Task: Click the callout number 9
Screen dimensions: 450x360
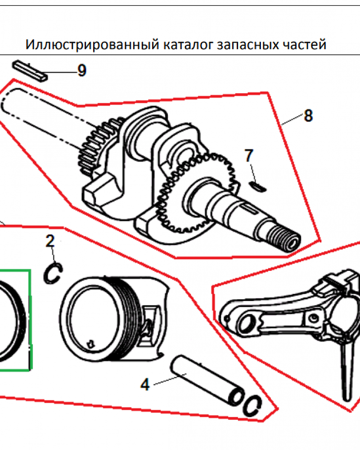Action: click(x=81, y=71)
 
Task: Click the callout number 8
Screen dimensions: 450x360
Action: click(x=308, y=116)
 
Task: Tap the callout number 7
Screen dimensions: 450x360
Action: click(x=249, y=156)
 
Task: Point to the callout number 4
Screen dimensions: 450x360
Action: click(x=144, y=385)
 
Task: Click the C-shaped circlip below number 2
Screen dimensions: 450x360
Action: click(x=53, y=273)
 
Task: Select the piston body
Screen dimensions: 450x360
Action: click(x=112, y=315)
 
